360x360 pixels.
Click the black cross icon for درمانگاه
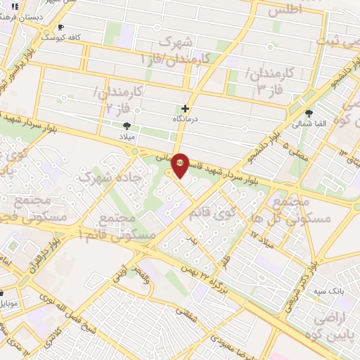coord(185,108)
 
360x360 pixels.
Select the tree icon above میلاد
coord(127,126)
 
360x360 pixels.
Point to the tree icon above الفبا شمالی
coord(309,112)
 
